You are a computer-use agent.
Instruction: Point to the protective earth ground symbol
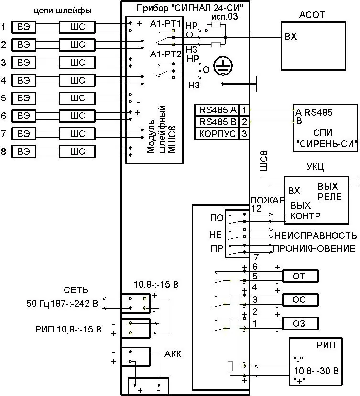[223, 66]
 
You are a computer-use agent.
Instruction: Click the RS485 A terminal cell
[217, 110]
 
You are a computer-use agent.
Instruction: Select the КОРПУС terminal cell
[217, 134]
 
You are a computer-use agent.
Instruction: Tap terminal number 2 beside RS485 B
[244, 122]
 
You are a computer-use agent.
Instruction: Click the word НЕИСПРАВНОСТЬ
[316, 235]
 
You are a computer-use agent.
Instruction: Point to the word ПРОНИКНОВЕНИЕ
[314, 248]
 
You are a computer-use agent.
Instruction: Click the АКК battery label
[173, 354]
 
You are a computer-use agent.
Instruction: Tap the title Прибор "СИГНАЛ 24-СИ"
[190, 8]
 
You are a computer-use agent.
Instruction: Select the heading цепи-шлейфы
[63, 11]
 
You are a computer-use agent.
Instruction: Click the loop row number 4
[3, 80]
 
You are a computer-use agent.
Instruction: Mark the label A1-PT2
[165, 54]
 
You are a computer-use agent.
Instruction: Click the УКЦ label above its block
[316, 167]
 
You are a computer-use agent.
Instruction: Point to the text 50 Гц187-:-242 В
[62, 303]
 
